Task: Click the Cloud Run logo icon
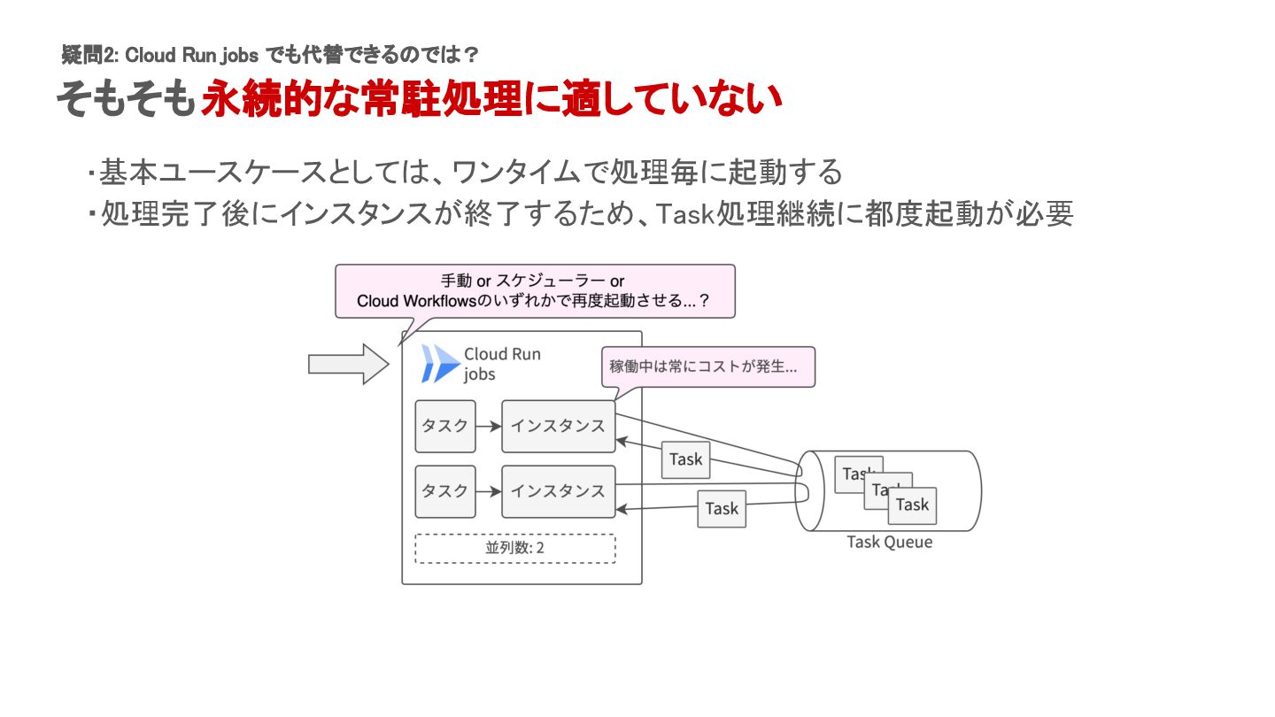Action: pos(440,363)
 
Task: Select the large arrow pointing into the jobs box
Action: pos(348,364)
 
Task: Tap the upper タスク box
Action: pos(445,426)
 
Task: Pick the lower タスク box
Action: pos(445,491)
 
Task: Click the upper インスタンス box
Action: pos(558,426)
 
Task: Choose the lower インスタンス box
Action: pos(558,491)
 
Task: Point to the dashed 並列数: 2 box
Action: pos(514,548)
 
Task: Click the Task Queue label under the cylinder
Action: pos(889,543)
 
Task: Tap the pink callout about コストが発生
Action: pos(707,366)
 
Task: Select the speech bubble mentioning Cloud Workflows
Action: pos(535,290)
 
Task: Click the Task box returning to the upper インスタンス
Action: pos(685,459)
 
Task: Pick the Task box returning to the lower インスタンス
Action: pos(722,508)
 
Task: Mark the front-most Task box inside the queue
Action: pos(912,505)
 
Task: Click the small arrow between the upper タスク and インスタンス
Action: pos(489,426)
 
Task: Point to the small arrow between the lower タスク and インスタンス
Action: pos(489,491)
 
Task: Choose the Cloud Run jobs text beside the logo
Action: pos(501,364)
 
